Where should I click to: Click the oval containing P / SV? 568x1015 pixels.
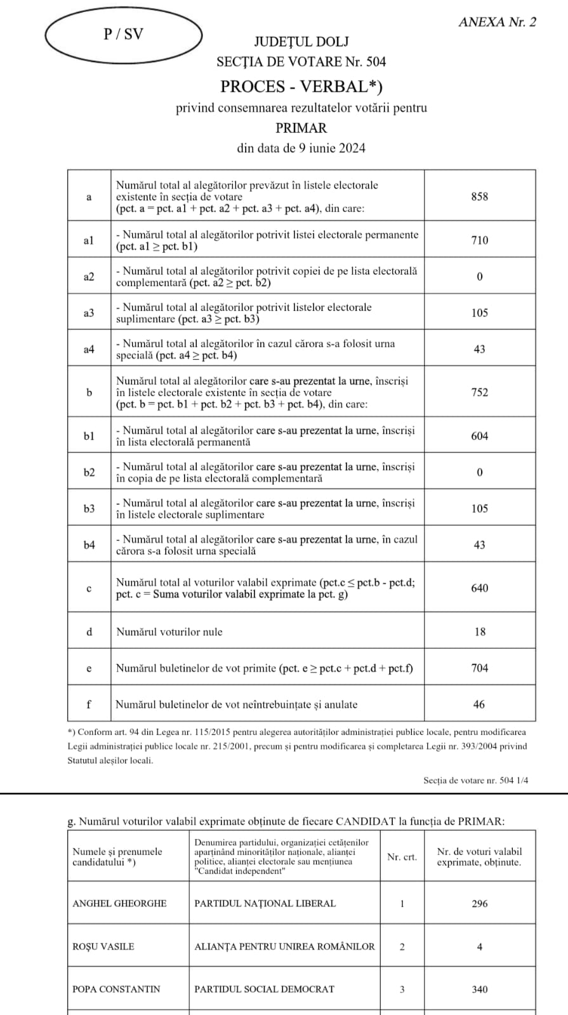point(123,35)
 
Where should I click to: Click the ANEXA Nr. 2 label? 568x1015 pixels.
point(497,22)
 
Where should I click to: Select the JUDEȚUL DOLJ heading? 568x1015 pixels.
point(301,42)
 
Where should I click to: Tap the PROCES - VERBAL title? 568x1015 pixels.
point(301,86)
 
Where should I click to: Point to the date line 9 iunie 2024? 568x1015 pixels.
point(301,148)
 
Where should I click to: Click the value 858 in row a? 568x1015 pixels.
point(480,197)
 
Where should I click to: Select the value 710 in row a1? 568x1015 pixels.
point(480,240)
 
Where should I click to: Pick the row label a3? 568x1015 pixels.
point(89,313)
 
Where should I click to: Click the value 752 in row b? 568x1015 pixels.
point(480,392)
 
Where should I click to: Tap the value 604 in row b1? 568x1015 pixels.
point(480,436)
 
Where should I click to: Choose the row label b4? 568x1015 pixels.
point(89,545)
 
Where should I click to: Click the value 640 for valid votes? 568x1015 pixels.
point(480,588)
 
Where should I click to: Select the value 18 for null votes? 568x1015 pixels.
point(480,632)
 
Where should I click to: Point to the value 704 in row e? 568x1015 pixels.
point(480,668)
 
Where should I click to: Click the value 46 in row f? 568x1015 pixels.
point(480,704)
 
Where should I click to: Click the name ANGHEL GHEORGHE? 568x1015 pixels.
point(119,903)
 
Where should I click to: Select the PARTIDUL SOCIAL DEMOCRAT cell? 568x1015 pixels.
point(264,989)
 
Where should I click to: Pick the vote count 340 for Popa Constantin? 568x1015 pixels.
point(480,989)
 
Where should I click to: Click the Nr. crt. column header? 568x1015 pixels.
point(402,857)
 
